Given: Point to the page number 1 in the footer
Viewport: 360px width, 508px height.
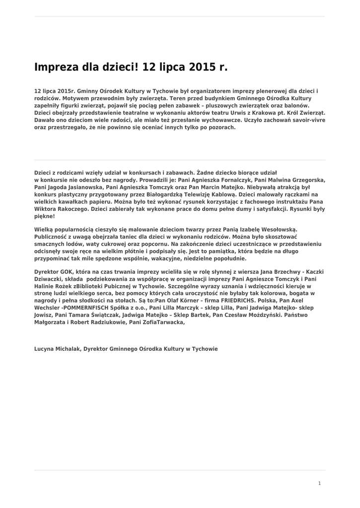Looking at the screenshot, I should (x=320, y=483).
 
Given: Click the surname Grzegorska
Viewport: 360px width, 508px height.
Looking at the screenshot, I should (x=303, y=180).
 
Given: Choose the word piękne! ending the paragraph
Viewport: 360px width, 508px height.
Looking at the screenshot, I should (x=44, y=217).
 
